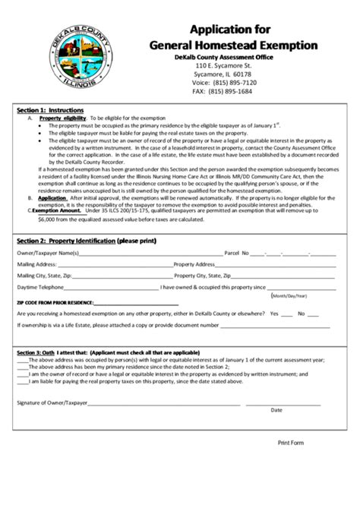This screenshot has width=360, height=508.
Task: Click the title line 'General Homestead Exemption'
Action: (232, 46)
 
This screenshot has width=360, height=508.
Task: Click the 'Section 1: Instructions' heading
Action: (48, 110)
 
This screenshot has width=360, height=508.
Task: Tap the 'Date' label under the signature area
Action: (276, 410)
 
